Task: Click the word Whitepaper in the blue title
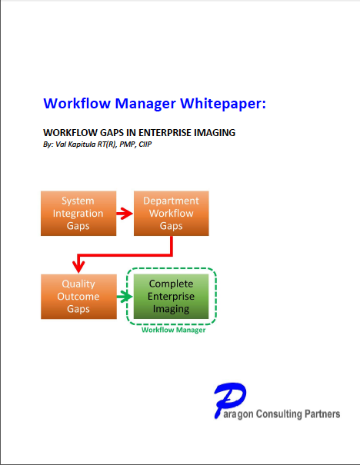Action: point(223,104)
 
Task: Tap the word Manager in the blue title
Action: point(145,105)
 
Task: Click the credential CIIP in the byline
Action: point(145,144)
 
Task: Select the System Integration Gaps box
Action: point(78,213)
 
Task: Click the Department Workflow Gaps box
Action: point(172,213)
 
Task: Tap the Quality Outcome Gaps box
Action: point(78,297)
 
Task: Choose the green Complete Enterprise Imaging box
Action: point(172,296)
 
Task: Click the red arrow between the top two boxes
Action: point(125,214)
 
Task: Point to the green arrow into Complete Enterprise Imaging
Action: point(125,297)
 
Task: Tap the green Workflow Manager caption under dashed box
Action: point(174,330)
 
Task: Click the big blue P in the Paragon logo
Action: point(228,400)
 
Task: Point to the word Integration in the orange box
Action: point(78,214)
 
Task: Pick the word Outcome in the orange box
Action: point(78,296)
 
